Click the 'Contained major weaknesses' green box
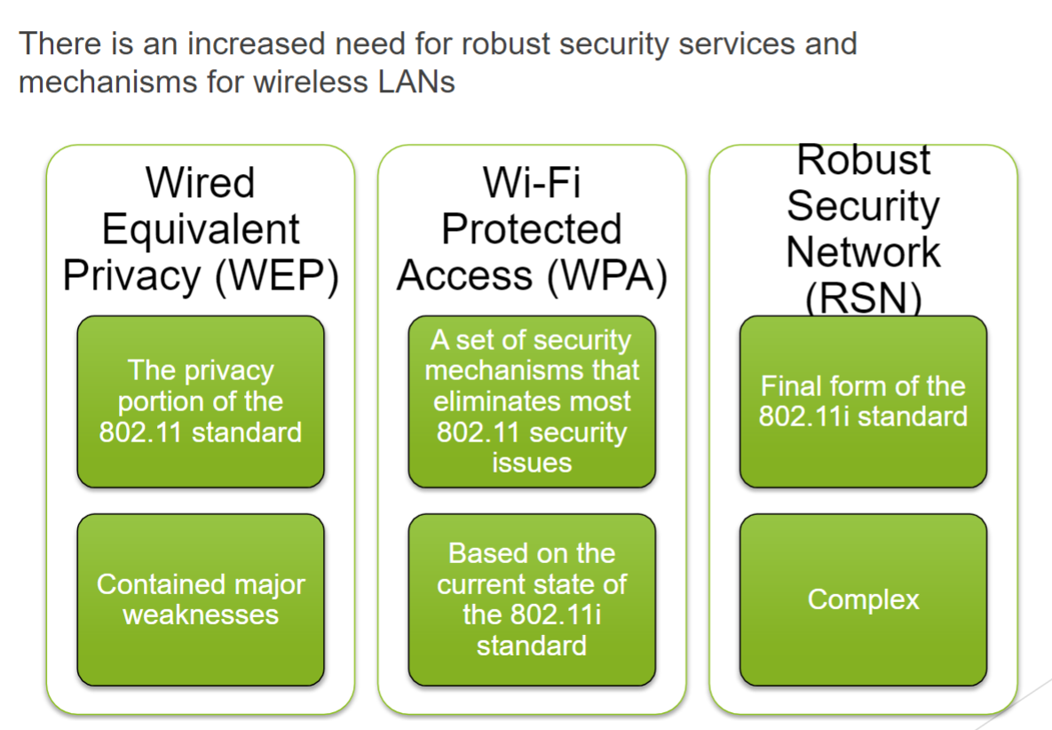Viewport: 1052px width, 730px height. click(201, 599)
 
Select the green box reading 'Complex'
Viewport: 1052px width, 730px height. click(864, 599)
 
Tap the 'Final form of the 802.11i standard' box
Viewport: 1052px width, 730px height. click(864, 401)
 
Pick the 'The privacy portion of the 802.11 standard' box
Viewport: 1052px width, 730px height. click(201, 401)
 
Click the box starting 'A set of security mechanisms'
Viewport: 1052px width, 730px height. click(532, 401)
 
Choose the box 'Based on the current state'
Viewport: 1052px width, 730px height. click(532, 599)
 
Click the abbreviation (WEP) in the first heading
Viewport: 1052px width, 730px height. click(277, 276)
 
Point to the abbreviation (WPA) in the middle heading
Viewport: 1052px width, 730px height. click(607, 276)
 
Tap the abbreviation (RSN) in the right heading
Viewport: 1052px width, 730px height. click(864, 298)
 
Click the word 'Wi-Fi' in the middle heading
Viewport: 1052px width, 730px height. click(532, 183)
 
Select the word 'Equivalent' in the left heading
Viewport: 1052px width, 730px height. click(201, 229)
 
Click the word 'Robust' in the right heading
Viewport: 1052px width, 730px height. click(864, 160)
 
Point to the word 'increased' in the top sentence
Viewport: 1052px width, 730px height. click(256, 44)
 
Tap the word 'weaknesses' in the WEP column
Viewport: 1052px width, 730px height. click(201, 615)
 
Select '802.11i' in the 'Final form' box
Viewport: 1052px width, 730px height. click(803, 416)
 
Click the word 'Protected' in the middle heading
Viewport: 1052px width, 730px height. click(532, 229)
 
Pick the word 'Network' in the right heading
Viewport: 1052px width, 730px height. click(864, 252)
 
